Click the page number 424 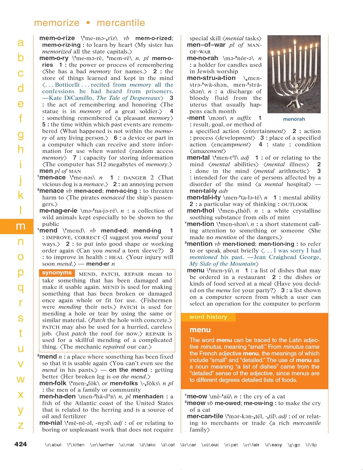(x=20, y=444)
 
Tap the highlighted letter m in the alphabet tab (x=20, y=226)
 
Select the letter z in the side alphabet (x=20, y=425)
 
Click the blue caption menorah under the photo (x=294, y=119)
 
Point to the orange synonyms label (x=57, y=273)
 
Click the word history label (x=208, y=317)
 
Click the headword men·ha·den (x=58, y=396)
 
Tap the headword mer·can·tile (x=205, y=416)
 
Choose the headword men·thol (x=201, y=211)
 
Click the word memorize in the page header (x=57, y=23)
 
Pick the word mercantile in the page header (x=121, y=23)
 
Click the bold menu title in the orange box (x=200, y=330)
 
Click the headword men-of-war (x=206, y=45)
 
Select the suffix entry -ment (x=196, y=118)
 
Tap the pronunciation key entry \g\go (x=294, y=445)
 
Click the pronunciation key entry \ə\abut (x=53, y=445)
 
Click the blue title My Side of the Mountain (x=223, y=264)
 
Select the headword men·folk (x=53, y=383)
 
